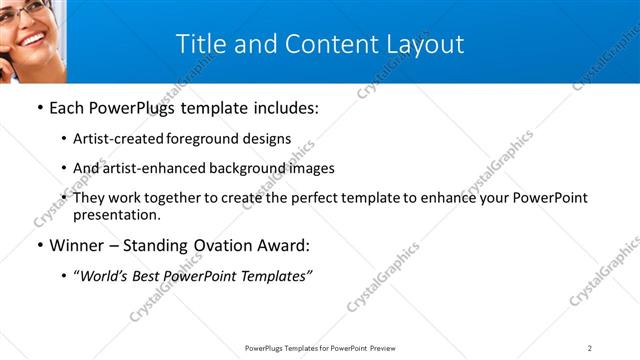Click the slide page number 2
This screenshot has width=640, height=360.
click(x=589, y=348)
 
